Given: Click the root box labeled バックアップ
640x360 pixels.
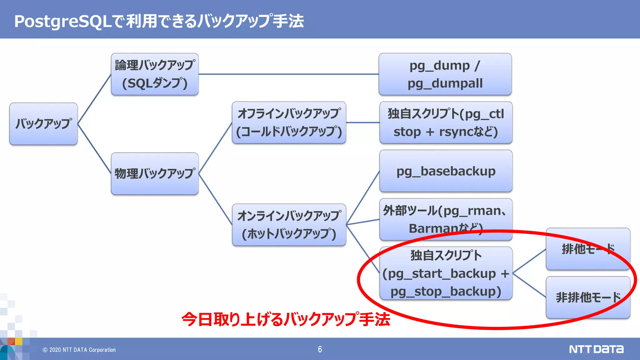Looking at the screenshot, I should point(43,124).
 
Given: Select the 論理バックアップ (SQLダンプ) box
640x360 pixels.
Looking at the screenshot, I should point(155,74).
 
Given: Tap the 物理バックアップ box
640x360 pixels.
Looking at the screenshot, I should point(155,173).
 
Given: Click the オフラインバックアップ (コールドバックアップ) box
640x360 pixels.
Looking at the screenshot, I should point(289,122).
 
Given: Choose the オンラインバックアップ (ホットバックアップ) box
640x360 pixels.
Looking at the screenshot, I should point(289,225).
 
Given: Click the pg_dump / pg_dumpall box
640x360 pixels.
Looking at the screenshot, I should point(445,74).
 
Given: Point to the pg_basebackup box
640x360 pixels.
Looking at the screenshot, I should point(446,171).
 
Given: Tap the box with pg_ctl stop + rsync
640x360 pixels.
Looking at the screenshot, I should point(446,122).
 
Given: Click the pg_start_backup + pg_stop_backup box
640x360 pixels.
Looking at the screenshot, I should point(446,273).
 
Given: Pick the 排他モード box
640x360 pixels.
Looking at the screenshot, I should point(587,249).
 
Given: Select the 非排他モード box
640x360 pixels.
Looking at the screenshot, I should point(587,297).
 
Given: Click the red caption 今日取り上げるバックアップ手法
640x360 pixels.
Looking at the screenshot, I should point(286,319).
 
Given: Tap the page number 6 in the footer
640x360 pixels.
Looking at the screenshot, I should point(320,349).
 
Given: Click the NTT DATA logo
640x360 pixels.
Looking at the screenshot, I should point(596,349).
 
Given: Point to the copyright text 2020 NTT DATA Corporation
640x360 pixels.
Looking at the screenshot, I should point(79,350).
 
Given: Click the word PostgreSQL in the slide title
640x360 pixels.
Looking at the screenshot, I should point(62,21).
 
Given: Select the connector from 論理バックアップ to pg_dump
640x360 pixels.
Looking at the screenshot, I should point(288,74).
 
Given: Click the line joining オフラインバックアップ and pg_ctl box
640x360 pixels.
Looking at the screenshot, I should point(362,122).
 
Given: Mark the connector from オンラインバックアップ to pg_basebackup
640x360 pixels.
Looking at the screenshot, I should point(363,197).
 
